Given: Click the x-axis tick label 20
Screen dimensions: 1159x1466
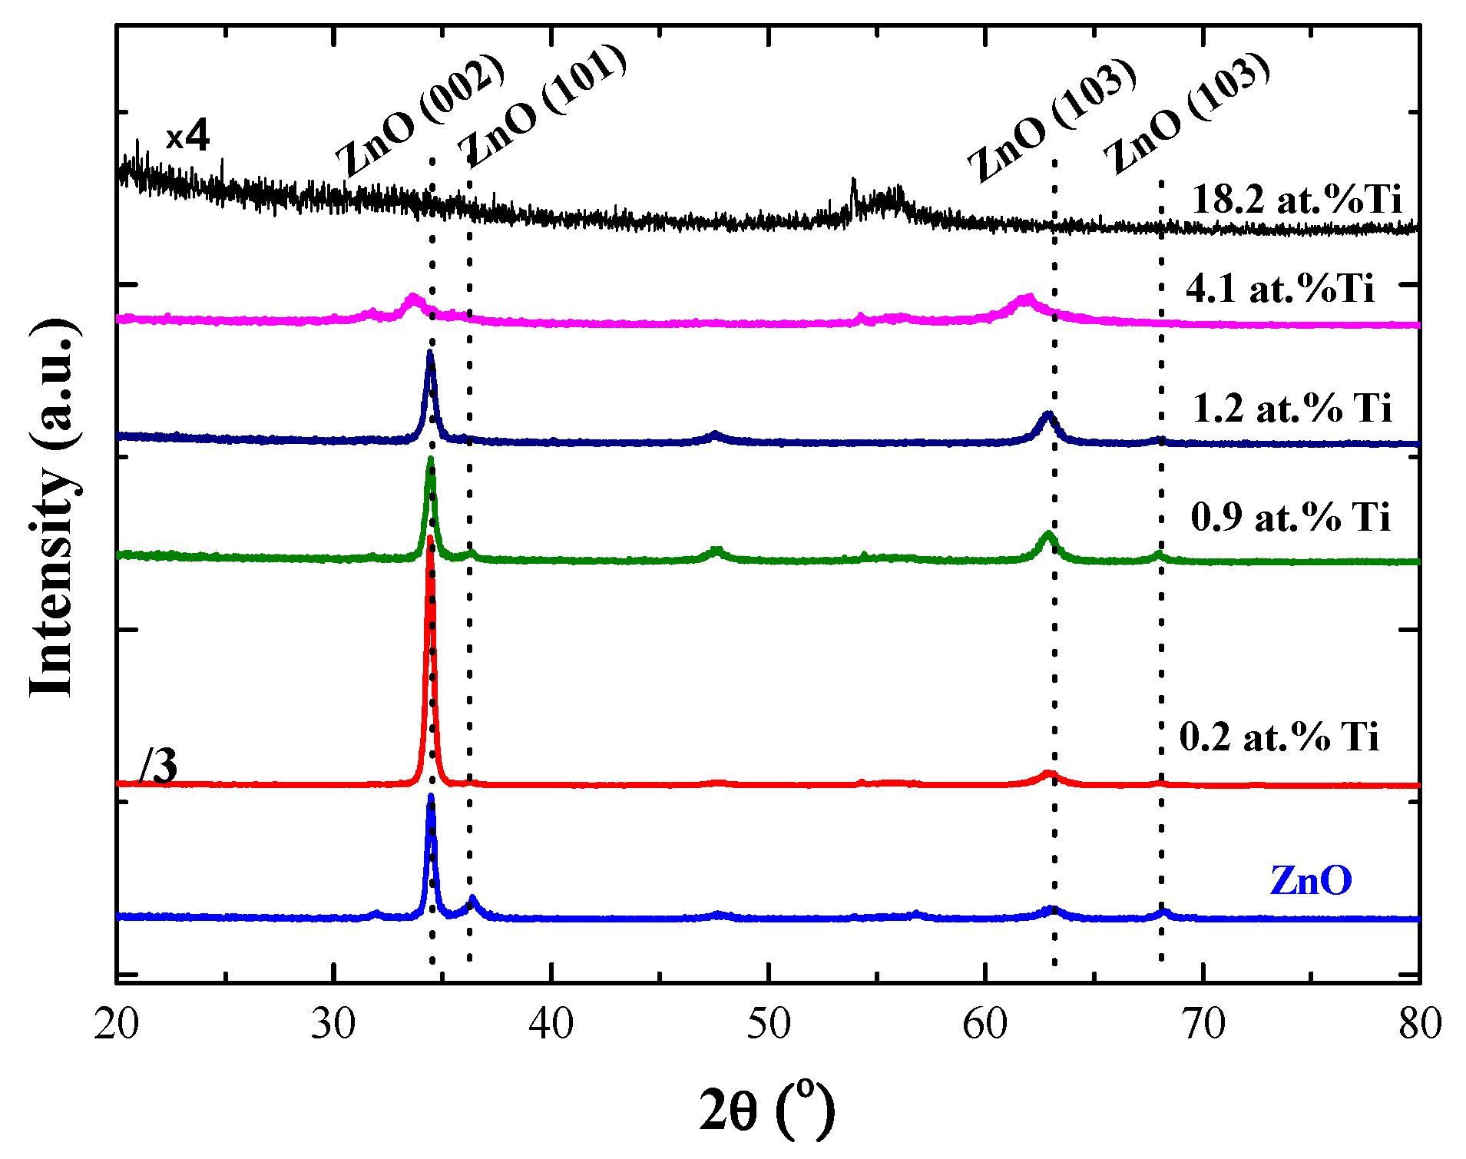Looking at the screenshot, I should coord(117,1025).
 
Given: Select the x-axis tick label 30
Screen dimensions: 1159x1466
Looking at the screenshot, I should coord(333,1025).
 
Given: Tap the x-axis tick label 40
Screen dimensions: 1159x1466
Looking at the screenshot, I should coord(551,1025).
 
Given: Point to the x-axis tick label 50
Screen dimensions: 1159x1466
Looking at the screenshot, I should coord(768,1025).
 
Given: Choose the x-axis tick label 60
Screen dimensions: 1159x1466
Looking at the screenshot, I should coord(985,1025).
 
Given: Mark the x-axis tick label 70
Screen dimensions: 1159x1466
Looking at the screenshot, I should coord(1203,1025).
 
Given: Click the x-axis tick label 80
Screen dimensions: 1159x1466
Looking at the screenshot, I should coord(1420,1025).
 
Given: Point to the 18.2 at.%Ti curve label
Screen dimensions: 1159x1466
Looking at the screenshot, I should coord(1297,200).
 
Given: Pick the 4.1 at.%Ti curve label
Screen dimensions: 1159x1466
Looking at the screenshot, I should coord(1280,289).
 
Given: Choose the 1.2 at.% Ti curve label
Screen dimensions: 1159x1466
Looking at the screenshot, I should coord(1292,407).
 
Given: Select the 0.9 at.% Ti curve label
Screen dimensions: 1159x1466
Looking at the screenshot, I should coord(1290,517).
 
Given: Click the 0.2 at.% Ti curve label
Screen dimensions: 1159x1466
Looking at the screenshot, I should coord(1279,737).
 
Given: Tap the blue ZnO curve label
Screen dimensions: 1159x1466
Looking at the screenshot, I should coord(1311,880).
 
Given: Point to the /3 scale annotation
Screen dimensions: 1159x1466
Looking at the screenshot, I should coord(159,766).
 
